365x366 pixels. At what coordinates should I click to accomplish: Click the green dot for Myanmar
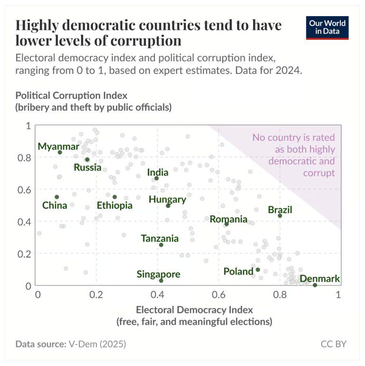pyautogui.click(x=60, y=152)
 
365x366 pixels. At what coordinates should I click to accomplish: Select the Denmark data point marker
pyautogui.click(x=315, y=285)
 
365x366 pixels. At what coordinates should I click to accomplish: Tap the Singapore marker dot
pyautogui.click(x=161, y=281)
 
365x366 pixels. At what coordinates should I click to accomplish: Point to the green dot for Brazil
pyautogui.click(x=280, y=216)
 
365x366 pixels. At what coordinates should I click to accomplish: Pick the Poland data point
pyautogui.click(x=257, y=270)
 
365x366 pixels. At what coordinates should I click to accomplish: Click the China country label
pyautogui.click(x=55, y=205)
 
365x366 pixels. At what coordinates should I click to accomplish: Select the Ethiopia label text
pyautogui.click(x=115, y=205)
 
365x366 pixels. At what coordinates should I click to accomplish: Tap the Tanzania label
pyautogui.click(x=160, y=239)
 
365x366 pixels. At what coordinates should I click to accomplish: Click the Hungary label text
pyautogui.click(x=167, y=199)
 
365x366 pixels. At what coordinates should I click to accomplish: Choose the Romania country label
pyautogui.click(x=228, y=219)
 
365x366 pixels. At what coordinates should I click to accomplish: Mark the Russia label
pyautogui.click(x=87, y=167)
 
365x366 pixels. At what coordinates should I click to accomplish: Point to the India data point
pyautogui.click(x=156, y=178)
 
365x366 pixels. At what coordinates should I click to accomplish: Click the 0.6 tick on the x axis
pyautogui.click(x=219, y=295)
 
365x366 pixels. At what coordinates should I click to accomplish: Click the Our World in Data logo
pyautogui.click(x=327, y=28)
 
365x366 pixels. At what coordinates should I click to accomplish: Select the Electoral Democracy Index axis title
pyautogui.click(x=194, y=310)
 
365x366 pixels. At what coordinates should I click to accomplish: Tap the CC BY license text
pyautogui.click(x=334, y=344)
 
